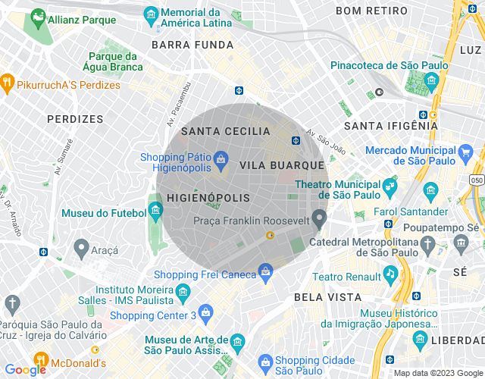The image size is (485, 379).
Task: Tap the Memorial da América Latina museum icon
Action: (151, 14)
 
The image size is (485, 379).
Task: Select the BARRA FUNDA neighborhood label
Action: (192, 45)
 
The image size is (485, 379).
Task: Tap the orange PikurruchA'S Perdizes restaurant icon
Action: (7, 81)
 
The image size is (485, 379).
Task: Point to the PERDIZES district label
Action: (74, 119)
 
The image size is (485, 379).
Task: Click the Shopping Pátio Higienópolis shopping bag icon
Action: (221, 158)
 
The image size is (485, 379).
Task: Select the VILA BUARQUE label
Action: (281, 164)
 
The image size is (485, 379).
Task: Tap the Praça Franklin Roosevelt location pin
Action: (320, 220)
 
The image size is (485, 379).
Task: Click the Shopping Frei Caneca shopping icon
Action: (265, 271)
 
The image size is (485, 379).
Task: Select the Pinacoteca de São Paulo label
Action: (389, 66)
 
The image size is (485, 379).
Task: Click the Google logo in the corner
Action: (25, 369)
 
